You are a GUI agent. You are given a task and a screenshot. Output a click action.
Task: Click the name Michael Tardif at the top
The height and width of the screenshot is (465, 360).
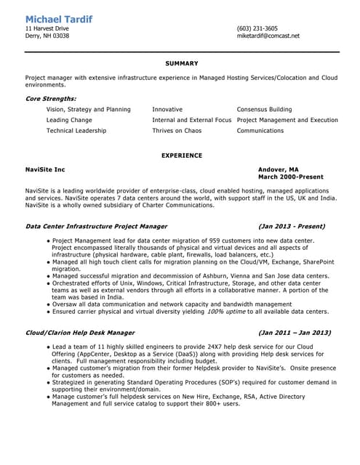[58, 18]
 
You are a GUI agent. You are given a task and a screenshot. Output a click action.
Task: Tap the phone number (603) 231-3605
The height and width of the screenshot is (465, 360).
[257, 28]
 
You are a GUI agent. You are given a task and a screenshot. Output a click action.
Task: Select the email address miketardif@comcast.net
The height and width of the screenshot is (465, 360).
[268, 36]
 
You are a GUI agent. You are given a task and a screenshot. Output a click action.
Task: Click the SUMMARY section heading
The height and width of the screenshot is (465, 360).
[182, 63]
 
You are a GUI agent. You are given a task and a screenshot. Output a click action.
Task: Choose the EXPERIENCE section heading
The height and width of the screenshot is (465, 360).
[182, 155]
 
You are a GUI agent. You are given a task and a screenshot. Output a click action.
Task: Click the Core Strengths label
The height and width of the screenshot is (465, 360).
[50, 98]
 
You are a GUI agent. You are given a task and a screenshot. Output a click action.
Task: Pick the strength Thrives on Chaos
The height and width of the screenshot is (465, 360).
[177, 131]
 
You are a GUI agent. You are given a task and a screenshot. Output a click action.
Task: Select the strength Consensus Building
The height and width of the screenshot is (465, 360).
[264, 109]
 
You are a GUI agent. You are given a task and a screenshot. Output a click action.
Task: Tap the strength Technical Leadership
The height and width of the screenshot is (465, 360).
[76, 131]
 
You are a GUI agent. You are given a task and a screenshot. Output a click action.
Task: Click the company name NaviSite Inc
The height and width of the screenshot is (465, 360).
[45, 169]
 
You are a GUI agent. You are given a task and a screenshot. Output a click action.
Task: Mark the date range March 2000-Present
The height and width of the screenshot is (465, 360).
[291, 176]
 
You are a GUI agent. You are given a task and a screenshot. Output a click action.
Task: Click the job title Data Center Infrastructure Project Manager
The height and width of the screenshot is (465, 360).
[96, 226]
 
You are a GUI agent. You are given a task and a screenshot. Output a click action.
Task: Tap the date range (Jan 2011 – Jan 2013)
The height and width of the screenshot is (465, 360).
[294, 332]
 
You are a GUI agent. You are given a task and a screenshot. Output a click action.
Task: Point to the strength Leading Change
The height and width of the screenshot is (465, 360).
[69, 120]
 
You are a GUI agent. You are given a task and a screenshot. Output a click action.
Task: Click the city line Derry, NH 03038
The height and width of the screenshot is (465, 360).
[47, 36]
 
